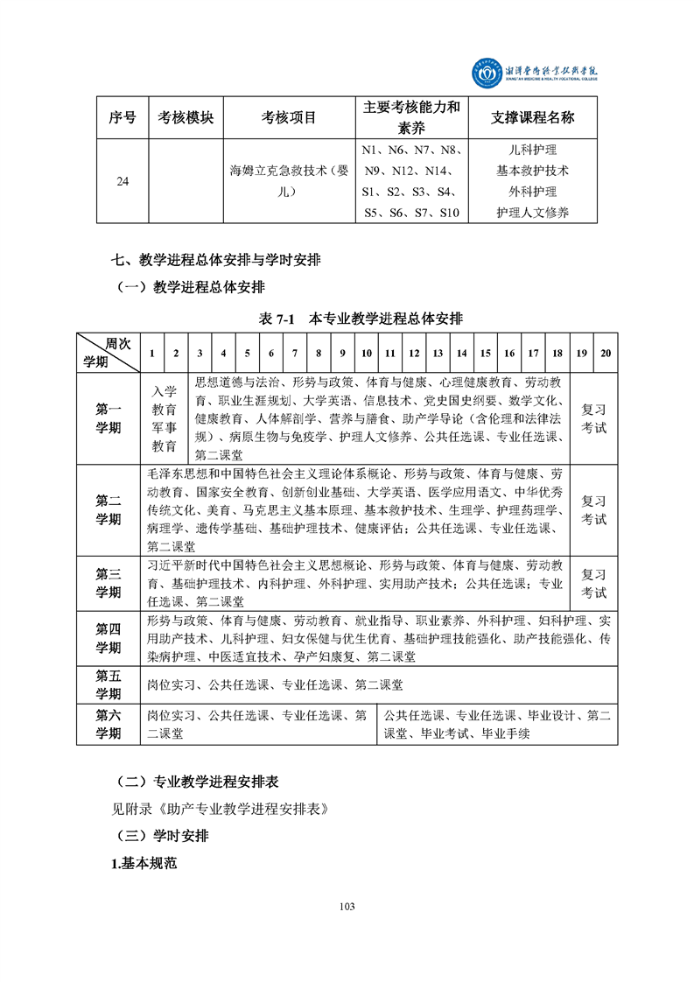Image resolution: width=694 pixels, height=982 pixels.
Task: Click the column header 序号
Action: tap(123, 117)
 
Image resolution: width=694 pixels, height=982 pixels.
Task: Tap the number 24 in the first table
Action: tap(123, 181)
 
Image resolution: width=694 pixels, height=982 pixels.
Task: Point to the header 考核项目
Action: tap(289, 117)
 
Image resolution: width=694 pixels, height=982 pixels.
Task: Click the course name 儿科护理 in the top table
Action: tap(532, 150)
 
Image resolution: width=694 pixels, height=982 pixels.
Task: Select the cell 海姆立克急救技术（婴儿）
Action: tap(289, 181)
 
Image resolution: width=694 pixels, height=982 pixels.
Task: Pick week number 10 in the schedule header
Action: tap(367, 353)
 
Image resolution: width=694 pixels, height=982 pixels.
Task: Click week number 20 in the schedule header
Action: tap(606, 353)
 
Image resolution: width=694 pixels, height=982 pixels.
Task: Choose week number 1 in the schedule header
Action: tap(152, 353)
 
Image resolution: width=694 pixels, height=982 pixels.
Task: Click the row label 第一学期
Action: tap(109, 418)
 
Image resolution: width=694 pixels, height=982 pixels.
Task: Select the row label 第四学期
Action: tap(109, 638)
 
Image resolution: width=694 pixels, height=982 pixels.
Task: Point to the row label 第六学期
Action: tap(109, 725)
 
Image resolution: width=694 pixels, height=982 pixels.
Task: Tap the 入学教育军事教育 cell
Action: tap(165, 418)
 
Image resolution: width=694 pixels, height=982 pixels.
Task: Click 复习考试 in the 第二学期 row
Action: tap(593, 509)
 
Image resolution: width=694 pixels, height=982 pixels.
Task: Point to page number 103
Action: tap(347, 906)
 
